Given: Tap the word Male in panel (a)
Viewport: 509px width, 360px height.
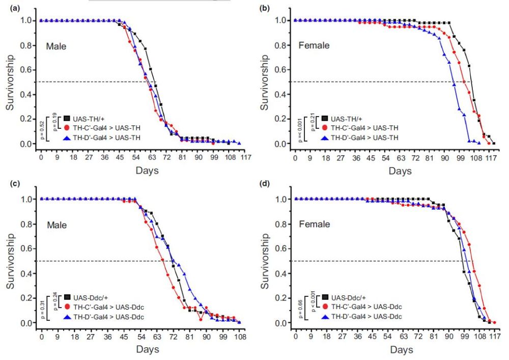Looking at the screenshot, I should [x=56, y=46].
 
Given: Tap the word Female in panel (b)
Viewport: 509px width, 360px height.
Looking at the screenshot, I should [x=314, y=46].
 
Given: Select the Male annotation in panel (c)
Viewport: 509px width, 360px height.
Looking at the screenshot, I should [x=56, y=225].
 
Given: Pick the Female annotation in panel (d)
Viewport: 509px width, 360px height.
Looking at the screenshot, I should [x=314, y=224].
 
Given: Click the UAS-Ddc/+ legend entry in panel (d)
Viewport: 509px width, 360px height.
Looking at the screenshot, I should [x=348, y=297].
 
